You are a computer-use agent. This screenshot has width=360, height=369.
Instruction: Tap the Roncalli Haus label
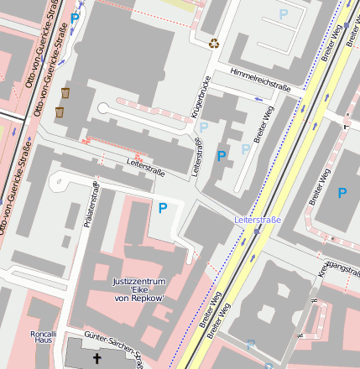[x=43, y=336]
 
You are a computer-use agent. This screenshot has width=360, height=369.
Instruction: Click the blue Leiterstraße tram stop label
[x=258, y=220]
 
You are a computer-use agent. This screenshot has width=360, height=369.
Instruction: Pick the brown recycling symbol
[x=214, y=43]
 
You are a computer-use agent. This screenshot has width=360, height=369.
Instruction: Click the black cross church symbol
[x=97, y=358]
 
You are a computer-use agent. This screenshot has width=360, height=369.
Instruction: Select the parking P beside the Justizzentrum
[x=163, y=207]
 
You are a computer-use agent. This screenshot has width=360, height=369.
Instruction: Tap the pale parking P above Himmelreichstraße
[x=283, y=14]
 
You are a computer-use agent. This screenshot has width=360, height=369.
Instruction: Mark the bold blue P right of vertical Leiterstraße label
[x=222, y=156]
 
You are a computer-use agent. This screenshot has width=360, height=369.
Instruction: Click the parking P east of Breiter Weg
[x=342, y=193]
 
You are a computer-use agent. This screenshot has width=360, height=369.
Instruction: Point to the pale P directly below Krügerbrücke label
[x=203, y=127]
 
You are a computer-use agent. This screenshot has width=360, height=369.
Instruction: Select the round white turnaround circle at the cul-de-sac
[x=103, y=108]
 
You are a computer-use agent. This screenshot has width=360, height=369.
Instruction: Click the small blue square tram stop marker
[x=249, y=343]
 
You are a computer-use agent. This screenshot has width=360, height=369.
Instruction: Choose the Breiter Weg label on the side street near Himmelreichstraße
[x=263, y=125]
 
